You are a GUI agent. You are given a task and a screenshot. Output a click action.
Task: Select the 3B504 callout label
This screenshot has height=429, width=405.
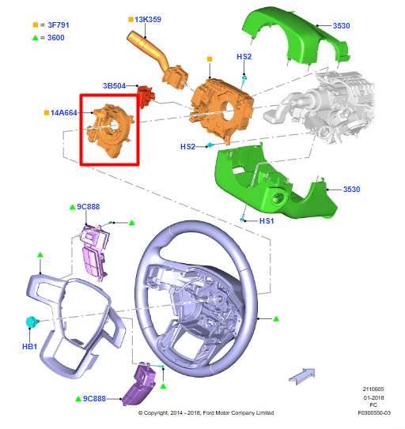tap(116, 85)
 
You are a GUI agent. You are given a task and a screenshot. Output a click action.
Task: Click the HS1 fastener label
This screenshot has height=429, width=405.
tap(267, 221)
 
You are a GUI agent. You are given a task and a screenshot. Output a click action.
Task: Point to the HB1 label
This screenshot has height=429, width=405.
tap(29, 346)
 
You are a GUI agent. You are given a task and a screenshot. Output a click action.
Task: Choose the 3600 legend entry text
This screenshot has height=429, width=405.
tap(55, 36)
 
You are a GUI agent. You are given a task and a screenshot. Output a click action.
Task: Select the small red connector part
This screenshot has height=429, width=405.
tap(146, 97)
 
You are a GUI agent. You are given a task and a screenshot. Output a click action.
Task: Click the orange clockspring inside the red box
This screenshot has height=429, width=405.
tap(110, 130)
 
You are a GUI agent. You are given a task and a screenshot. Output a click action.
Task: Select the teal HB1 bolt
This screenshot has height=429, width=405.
tap(32, 322)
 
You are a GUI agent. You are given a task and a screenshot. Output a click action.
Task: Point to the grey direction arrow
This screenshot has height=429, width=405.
tap(301, 374)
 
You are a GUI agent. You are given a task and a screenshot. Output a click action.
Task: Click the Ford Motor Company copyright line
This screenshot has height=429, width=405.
tap(206, 412)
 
